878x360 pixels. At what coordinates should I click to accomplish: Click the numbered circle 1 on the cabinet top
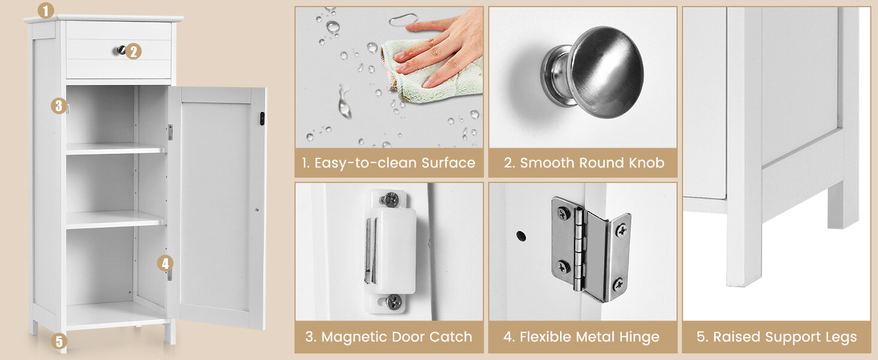[x=46, y=10]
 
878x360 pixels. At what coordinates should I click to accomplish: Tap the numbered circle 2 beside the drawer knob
[x=134, y=52]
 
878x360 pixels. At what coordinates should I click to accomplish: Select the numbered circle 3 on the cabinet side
[x=58, y=106]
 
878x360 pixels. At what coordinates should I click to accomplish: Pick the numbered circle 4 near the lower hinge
[x=166, y=263]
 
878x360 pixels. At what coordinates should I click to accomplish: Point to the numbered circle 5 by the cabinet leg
[x=58, y=341]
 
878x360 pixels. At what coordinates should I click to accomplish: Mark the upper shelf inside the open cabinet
[x=114, y=149]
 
